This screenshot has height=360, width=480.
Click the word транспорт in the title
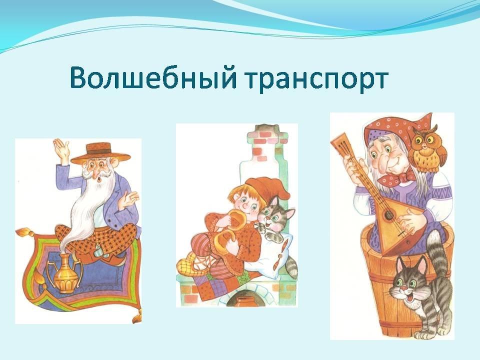click(x=317, y=80)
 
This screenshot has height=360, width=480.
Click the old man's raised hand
click(x=62, y=149)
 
